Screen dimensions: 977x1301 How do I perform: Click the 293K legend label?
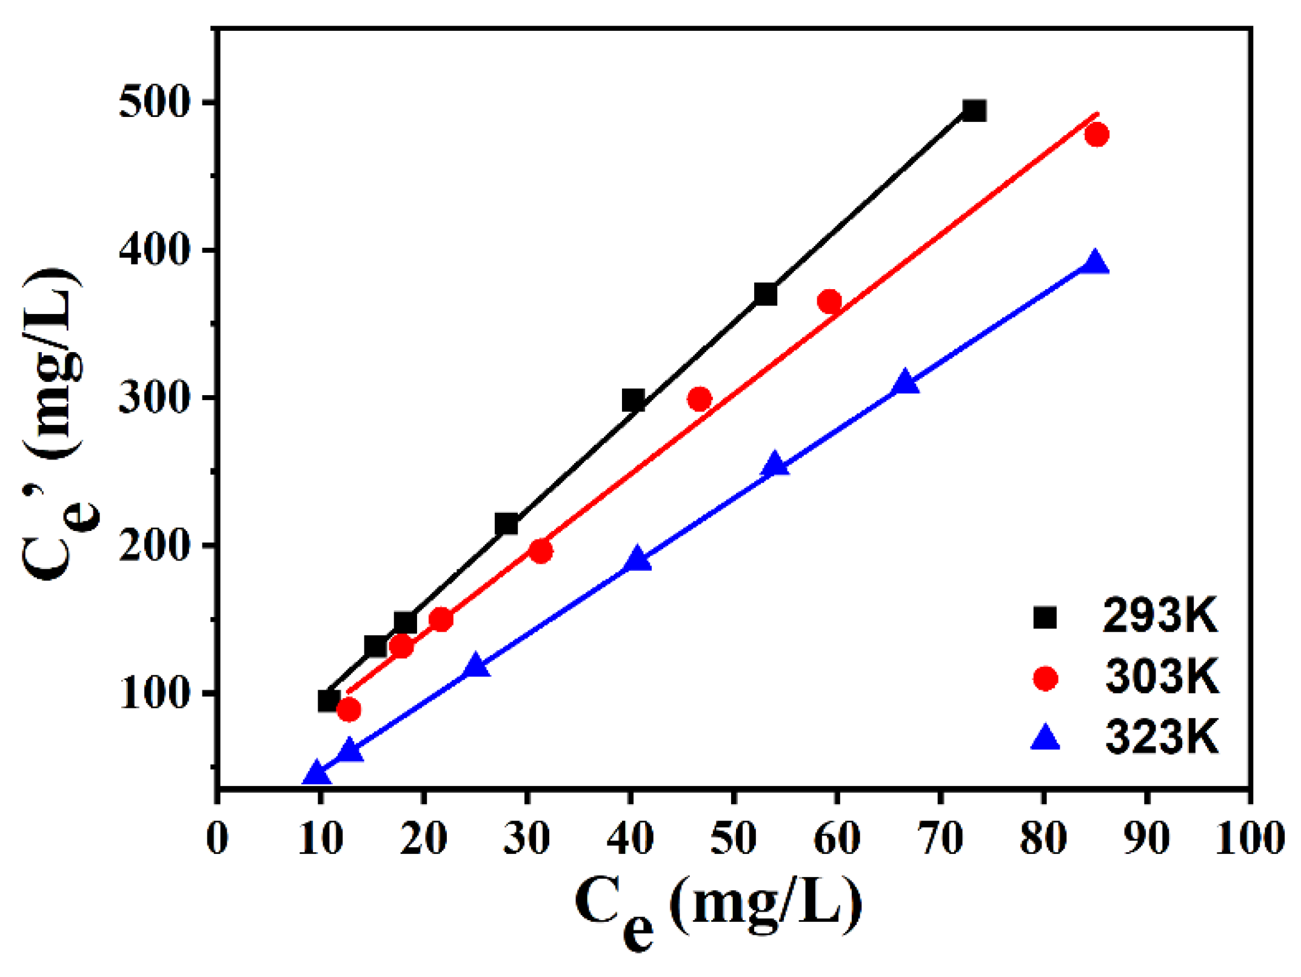(1159, 617)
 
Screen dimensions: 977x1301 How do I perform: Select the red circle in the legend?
(1045, 678)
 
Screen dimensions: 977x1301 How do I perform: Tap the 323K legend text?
(1161, 738)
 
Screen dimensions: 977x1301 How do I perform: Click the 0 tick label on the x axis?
(218, 839)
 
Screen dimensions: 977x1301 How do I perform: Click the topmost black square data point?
(974, 111)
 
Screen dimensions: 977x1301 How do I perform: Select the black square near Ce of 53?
(766, 295)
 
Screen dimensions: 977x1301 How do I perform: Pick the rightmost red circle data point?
(1097, 135)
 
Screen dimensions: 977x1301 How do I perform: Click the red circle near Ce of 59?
(829, 301)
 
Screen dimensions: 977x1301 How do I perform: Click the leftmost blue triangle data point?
(315, 774)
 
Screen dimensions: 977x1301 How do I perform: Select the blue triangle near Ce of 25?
(476, 666)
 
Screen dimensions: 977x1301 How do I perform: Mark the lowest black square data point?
(329, 701)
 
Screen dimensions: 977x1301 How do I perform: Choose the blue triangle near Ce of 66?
(905, 382)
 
